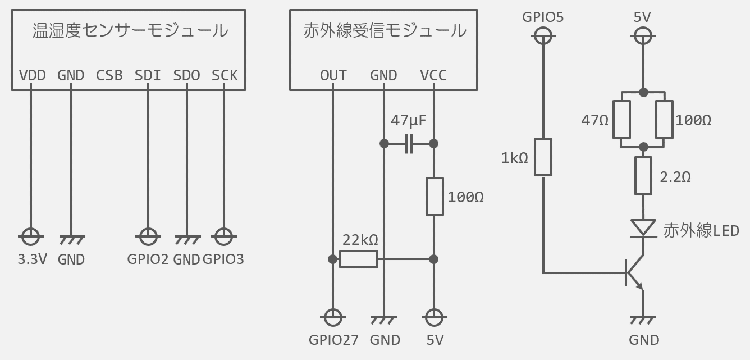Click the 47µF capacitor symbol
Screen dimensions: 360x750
(x=409, y=144)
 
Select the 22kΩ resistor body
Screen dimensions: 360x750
(x=359, y=259)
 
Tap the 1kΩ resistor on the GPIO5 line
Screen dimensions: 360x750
(x=543, y=157)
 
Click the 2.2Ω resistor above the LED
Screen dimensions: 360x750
(x=643, y=176)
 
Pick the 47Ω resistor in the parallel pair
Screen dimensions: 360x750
(x=621, y=119)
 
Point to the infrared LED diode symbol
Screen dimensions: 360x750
(x=643, y=228)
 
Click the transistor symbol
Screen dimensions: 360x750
(x=634, y=274)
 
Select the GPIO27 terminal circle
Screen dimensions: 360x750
(x=333, y=318)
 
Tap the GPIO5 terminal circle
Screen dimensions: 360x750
(x=543, y=37)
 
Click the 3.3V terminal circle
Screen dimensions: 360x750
(x=30, y=237)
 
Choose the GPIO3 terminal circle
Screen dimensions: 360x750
(x=223, y=237)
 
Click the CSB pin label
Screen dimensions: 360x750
(x=109, y=75)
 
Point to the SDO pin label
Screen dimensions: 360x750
(x=186, y=75)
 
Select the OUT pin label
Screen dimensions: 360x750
(x=333, y=75)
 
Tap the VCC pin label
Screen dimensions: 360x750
(x=433, y=75)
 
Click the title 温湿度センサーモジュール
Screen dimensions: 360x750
(x=130, y=30)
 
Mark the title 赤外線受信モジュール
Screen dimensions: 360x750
(x=385, y=30)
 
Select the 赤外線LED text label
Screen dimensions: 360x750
(x=701, y=230)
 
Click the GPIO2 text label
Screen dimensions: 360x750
(x=148, y=259)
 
